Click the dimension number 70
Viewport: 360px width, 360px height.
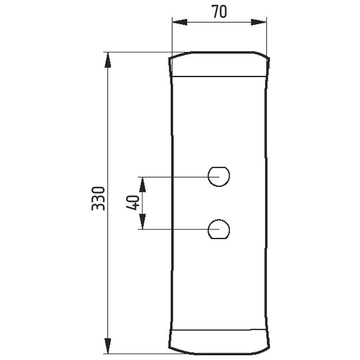[220, 12]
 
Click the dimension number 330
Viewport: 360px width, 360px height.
[98, 198]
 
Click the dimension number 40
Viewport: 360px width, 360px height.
[133, 202]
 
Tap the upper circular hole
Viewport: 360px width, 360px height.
[219, 176]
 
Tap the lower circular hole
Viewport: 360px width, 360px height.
[219, 229]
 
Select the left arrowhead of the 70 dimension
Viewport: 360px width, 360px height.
[180, 22]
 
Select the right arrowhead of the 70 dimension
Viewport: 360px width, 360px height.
[259, 22]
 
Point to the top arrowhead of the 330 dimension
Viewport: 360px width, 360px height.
[108, 60]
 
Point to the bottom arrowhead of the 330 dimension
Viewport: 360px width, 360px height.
[108, 346]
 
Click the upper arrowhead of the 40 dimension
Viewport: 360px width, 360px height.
[143, 184]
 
